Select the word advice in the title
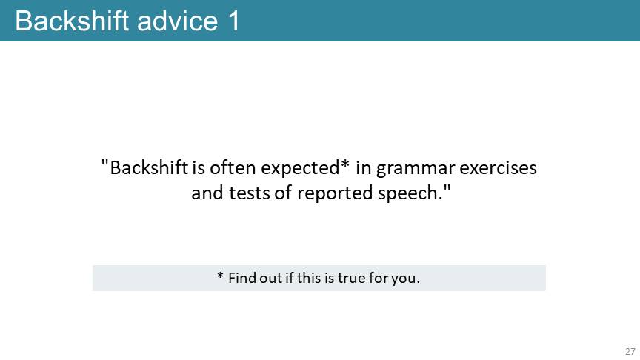pyautogui.click(x=178, y=21)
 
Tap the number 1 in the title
pyautogui.click(x=233, y=21)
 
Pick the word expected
pyautogui.click(x=300, y=168)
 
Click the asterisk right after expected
pyautogui.click(x=345, y=164)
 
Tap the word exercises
pyautogui.click(x=498, y=167)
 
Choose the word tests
pyautogui.click(x=249, y=193)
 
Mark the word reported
pyautogui.click(x=335, y=194)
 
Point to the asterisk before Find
pyautogui.click(x=220, y=276)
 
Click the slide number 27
pyautogui.click(x=630, y=351)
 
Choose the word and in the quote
pyautogui.click(x=207, y=193)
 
